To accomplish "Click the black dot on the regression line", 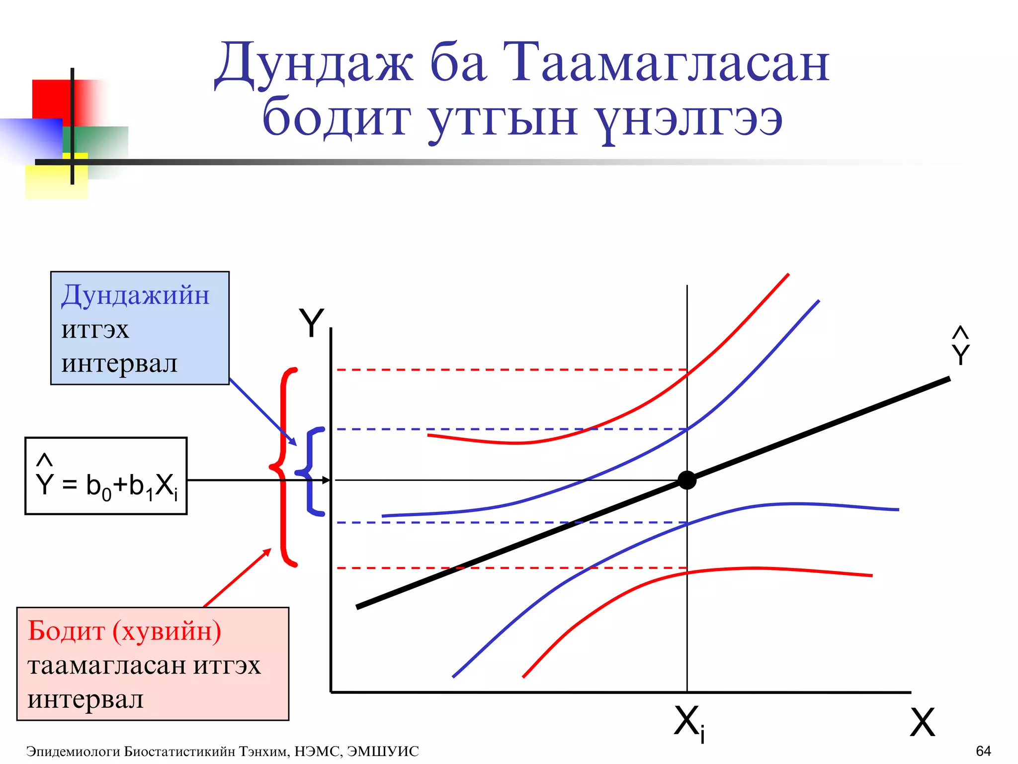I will (x=687, y=480).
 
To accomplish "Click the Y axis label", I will (x=311, y=324).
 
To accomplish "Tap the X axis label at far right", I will (x=922, y=722).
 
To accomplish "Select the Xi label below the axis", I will (x=689, y=724).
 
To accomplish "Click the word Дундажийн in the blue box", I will (x=135, y=295).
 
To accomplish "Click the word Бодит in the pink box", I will (x=66, y=631).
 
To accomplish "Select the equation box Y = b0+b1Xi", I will (x=106, y=476).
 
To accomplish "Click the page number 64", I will (x=983, y=751).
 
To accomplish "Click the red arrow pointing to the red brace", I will (x=238, y=577).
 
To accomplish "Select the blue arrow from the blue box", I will (x=262, y=413).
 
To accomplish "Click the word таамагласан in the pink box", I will (x=106, y=666).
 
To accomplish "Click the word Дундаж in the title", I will (x=313, y=64).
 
